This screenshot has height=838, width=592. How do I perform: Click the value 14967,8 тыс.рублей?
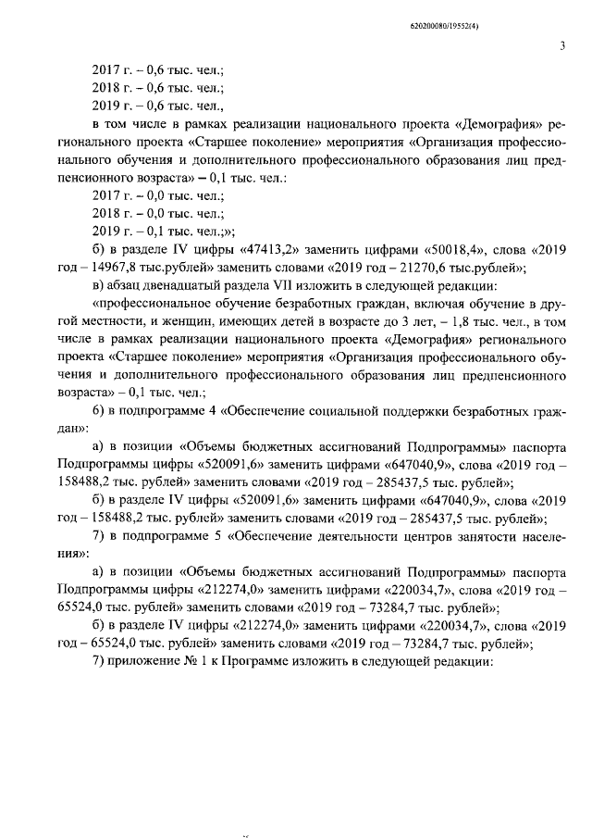(136, 269)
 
